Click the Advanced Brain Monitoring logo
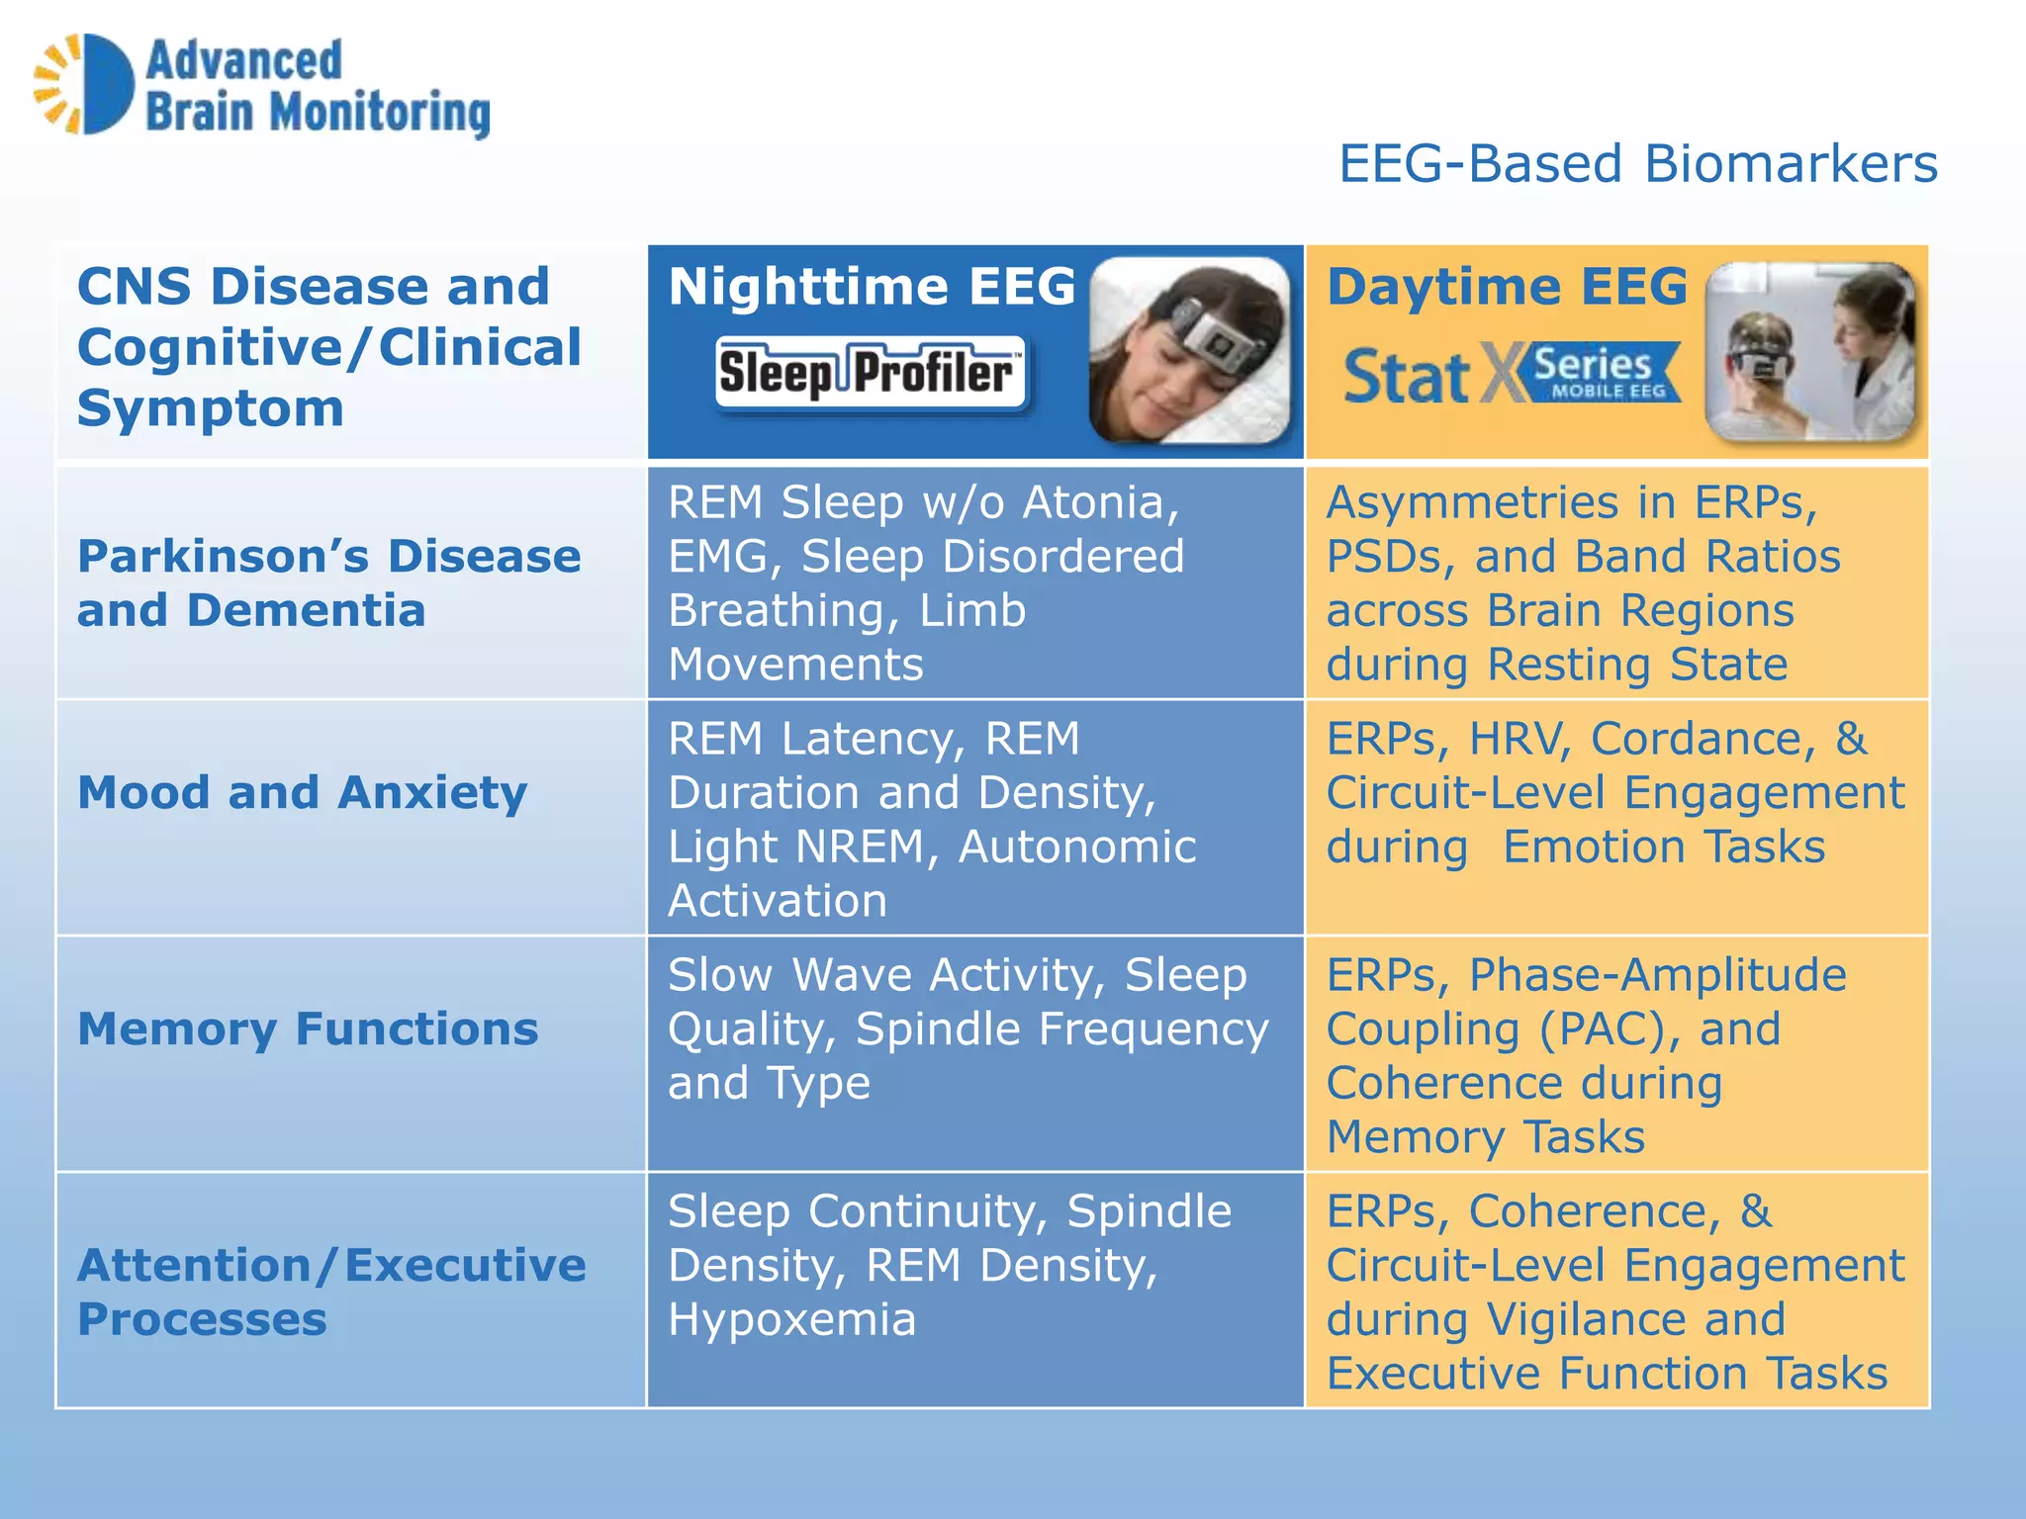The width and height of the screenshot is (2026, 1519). [x=262, y=86]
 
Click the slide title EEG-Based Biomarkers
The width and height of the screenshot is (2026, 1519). [x=1637, y=163]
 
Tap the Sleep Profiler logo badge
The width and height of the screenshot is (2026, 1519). [x=871, y=373]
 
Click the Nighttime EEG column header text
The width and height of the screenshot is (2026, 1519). [x=872, y=287]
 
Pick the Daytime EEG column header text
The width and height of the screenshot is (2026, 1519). [x=1507, y=287]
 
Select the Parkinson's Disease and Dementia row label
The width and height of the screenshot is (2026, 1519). [x=328, y=582]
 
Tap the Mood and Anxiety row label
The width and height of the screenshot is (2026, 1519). [x=303, y=792]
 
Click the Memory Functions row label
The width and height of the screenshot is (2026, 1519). [x=308, y=1028]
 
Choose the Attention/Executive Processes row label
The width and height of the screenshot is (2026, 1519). [x=331, y=1292]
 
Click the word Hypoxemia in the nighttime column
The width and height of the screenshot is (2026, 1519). [x=791, y=1319]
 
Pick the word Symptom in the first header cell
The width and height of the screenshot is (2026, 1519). [x=211, y=408]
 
